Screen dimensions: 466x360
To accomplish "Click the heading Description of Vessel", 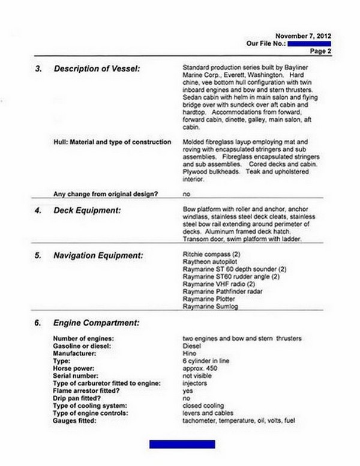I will [x=97, y=68].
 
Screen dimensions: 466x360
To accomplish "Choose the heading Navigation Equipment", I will [x=98, y=256].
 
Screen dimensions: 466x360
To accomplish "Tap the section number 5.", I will [x=38, y=256].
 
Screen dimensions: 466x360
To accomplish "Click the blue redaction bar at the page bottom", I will [x=182, y=444].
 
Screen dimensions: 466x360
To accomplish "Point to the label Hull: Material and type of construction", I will [x=112, y=142].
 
